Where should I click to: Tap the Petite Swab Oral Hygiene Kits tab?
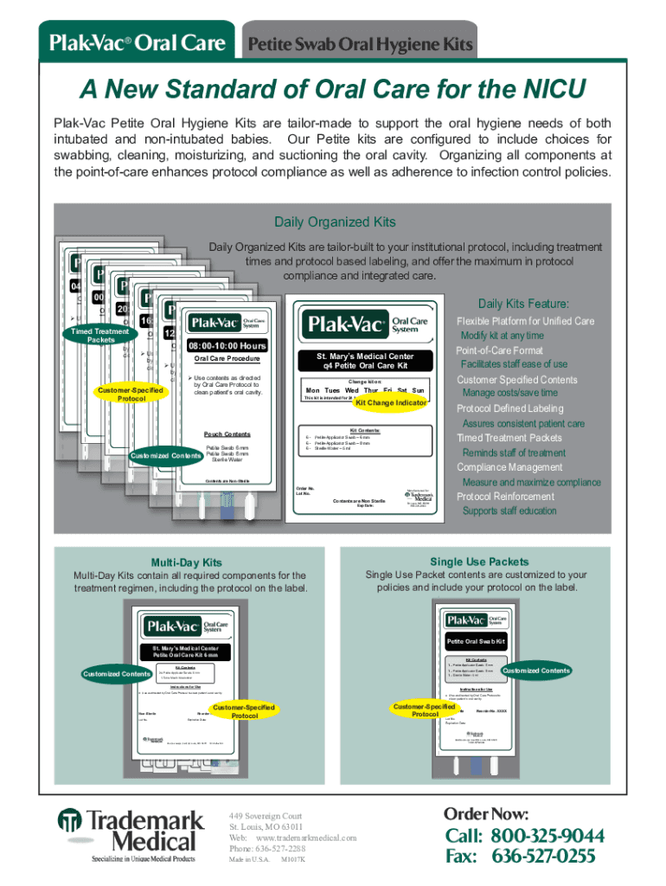point(361,42)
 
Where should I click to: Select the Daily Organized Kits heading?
point(335,222)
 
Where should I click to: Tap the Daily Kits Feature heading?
point(523,304)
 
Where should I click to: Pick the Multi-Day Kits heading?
point(186,562)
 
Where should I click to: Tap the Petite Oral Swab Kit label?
point(475,641)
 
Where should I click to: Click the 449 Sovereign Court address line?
point(266,816)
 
